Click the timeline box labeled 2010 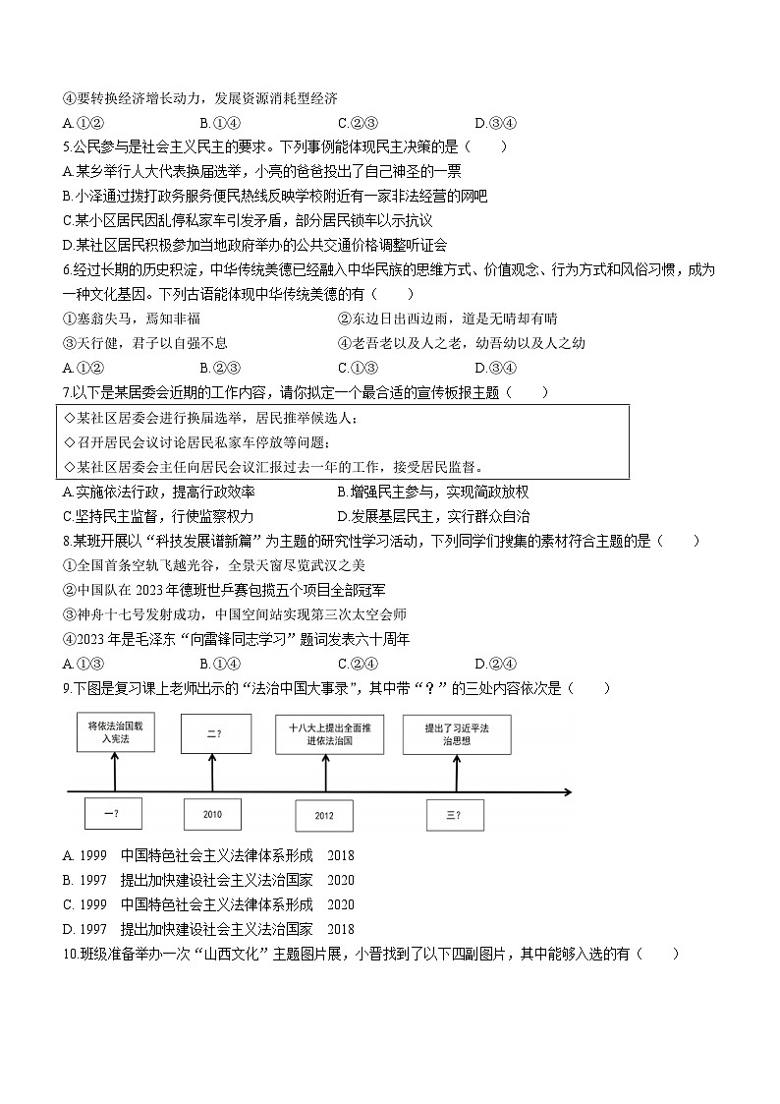tap(212, 814)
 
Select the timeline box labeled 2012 tap(324, 816)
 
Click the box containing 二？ tap(212, 732)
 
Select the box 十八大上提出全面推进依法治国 tap(328, 734)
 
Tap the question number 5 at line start tap(66, 147)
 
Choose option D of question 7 tap(342, 516)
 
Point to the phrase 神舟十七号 tap(105, 614)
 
